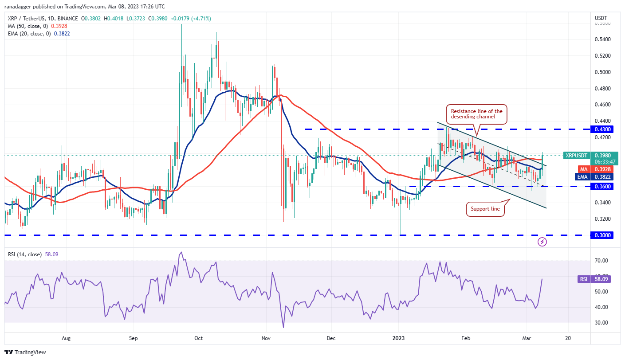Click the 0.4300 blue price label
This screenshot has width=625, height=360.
pos(602,129)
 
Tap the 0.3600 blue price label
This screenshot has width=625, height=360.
pos(602,187)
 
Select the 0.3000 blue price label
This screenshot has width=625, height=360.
pos(602,235)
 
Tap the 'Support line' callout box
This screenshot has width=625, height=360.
pos(486,209)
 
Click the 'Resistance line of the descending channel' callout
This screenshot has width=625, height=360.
pos(477,114)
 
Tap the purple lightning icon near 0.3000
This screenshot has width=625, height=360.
pos(542,242)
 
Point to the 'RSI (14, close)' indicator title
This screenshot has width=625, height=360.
pos(24,254)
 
